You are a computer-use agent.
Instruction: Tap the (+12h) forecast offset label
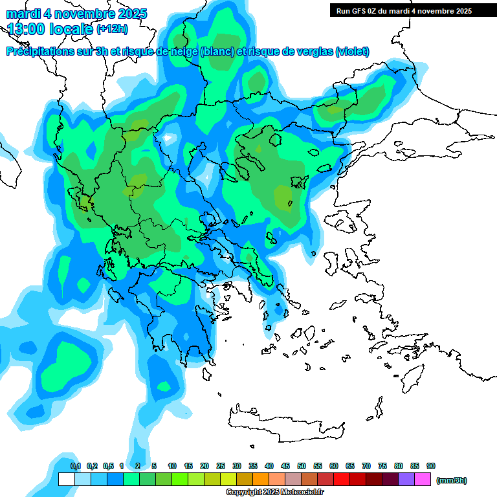pos(112,28)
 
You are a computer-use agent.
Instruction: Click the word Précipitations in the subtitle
pos(43,52)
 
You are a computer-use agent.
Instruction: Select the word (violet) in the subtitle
pos(353,52)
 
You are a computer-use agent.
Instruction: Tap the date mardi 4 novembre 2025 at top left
pos(76,14)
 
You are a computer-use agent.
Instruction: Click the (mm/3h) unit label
pos(451,480)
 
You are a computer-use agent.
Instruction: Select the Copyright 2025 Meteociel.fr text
pos(274,492)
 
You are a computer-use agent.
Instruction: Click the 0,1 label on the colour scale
pos(75,467)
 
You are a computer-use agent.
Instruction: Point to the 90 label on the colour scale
pos(431,467)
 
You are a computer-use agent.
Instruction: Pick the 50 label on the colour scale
pos(302,467)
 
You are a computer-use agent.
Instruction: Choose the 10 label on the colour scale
pos(172,467)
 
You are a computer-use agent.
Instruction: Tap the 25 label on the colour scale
pos(221,467)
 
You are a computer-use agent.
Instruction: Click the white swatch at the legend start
pos(66,480)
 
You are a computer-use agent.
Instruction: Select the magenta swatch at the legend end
pos(423,480)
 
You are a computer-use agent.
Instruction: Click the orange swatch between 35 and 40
pos(261,480)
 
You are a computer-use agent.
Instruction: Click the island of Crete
pos(285,427)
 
